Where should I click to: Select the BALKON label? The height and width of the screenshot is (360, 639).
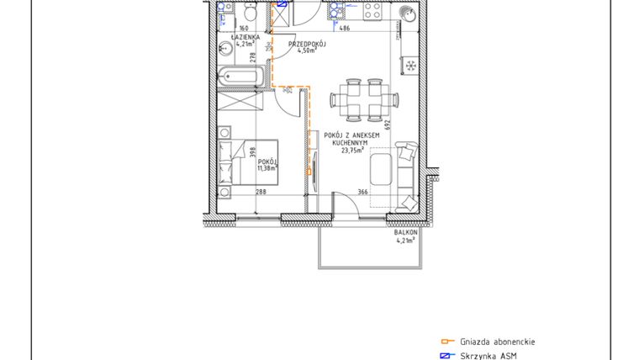[x=406, y=232]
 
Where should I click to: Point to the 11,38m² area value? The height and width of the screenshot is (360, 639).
[x=267, y=167]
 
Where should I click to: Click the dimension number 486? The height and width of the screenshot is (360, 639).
[x=344, y=29]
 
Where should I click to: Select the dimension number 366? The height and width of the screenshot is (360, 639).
[x=362, y=192]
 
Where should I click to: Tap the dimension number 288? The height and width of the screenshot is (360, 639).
[x=261, y=192]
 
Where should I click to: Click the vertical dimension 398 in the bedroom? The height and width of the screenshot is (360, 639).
[x=251, y=151]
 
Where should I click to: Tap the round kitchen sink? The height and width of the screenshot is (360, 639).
[x=407, y=13]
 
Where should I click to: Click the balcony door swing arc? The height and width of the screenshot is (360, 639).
[x=343, y=202]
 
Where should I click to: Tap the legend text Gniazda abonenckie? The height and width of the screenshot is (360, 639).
[x=498, y=341]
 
